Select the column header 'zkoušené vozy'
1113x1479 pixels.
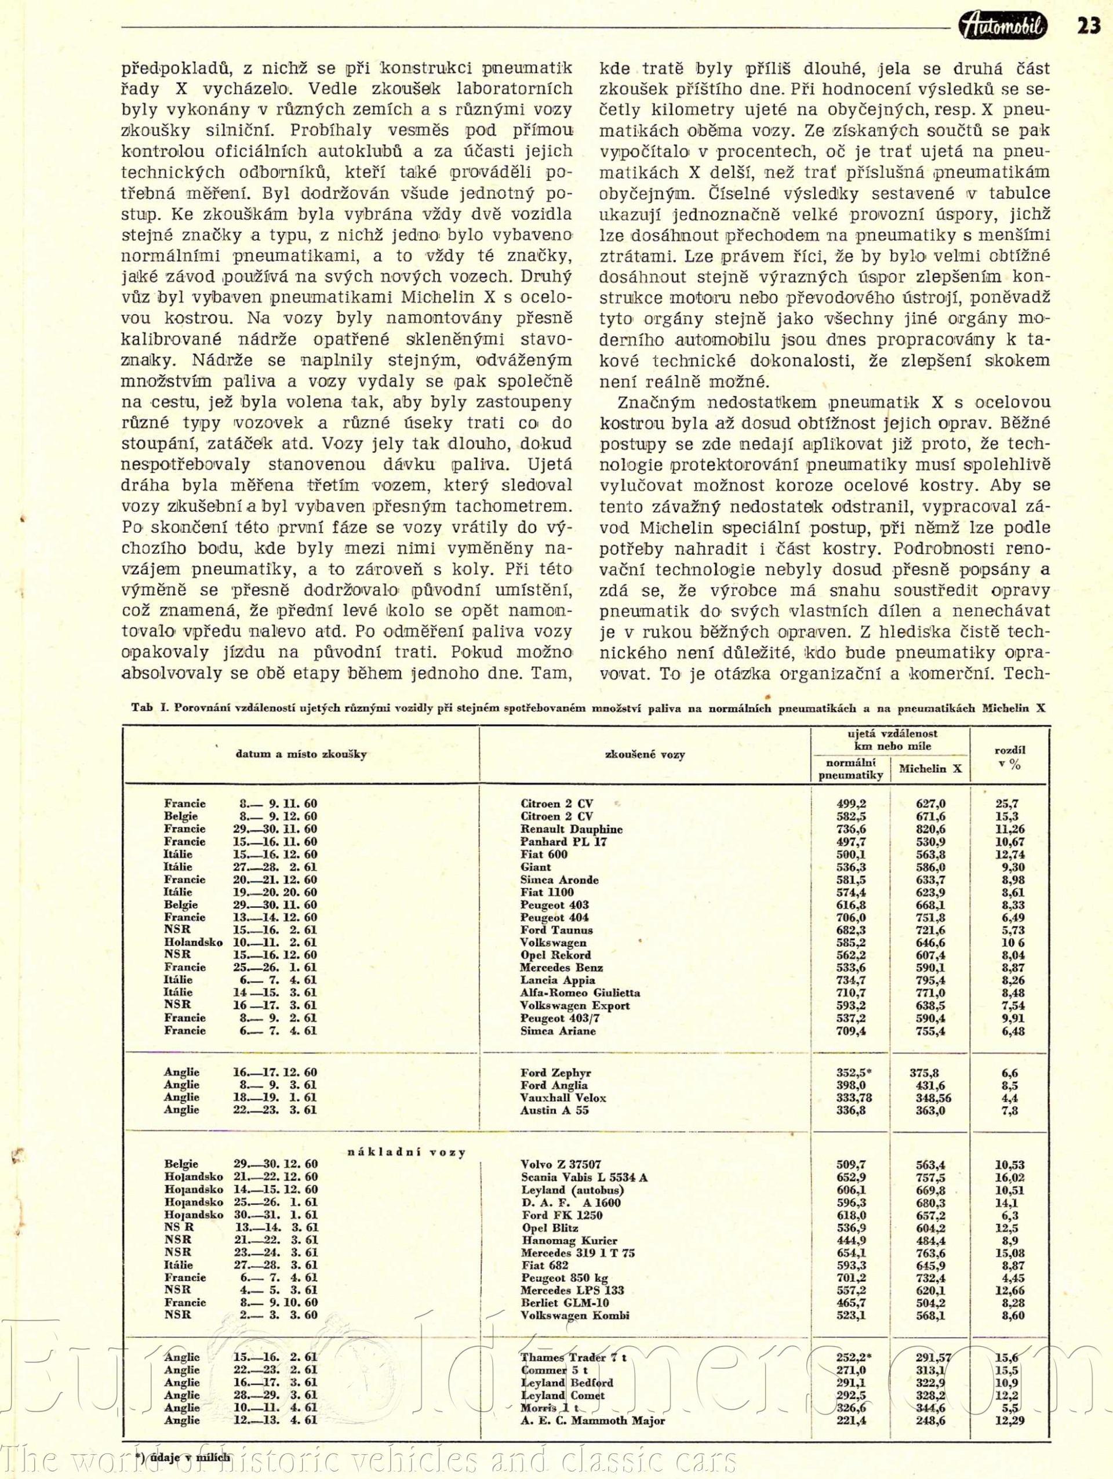(x=645, y=754)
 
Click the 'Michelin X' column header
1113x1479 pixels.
(x=930, y=769)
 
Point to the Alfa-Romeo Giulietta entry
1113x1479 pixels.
(x=580, y=993)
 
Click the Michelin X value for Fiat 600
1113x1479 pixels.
(x=930, y=855)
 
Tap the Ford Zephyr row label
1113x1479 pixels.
(x=555, y=1073)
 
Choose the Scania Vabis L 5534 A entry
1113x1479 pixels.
(x=584, y=1178)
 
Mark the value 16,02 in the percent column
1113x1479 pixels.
(x=1009, y=1178)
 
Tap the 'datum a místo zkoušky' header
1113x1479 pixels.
(x=301, y=754)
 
